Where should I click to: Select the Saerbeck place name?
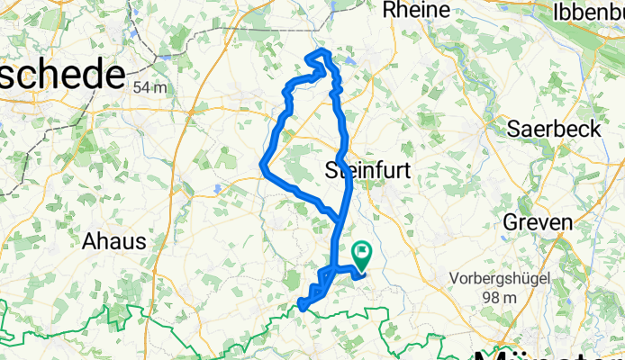click(555, 129)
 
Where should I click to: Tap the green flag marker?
click(363, 256)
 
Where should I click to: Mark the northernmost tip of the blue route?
click(318, 55)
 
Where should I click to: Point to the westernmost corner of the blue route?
click(261, 164)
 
